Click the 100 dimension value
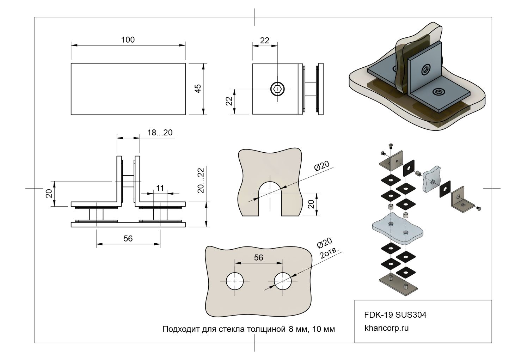point(128,40)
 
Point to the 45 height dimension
point(198,89)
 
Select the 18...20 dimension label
point(160,133)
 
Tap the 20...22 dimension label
point(201,180)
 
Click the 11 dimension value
point(160,188)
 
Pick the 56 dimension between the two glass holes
point(258,258)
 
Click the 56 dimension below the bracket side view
point(128,239)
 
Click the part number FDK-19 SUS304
point(395,315)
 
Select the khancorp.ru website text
point(386,328)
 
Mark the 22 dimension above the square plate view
point(265,41)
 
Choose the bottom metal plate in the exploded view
point(399,285)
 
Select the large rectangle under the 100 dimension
point(128,89)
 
